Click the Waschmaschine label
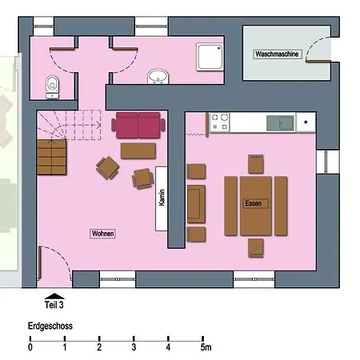[x=277, y=54]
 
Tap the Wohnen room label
[x=102, y=234]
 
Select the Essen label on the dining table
[x=254, y=203]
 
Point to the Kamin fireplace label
[x=162, y=198]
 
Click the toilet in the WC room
[x=52, y=87]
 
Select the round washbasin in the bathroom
[x=158, y=77]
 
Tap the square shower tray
[x=210, y=57]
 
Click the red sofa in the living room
[x=138, y=125]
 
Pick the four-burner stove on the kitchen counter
[x=220, y=122]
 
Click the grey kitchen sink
[x=280, y=123]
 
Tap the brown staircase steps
[x=52, y=157]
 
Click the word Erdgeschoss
[x=50, y=326]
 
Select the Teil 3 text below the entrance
[x=54, y=305]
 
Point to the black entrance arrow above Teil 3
[x=54, y=296]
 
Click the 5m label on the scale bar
[x=206, y=347]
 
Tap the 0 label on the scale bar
[x=30, y=347]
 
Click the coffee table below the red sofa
[x=138, y=151]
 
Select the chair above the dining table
[x=256, y=164]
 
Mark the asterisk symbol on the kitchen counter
[x=306, y=122]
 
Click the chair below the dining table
[x=256, y=248]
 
